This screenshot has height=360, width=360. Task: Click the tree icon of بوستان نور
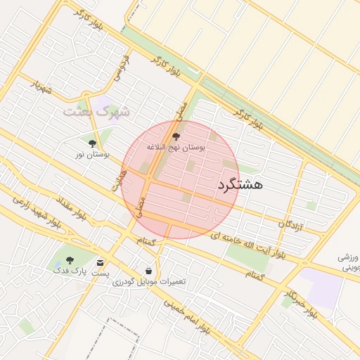(92, 143)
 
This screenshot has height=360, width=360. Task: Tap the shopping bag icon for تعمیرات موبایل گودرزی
(148, 271)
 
